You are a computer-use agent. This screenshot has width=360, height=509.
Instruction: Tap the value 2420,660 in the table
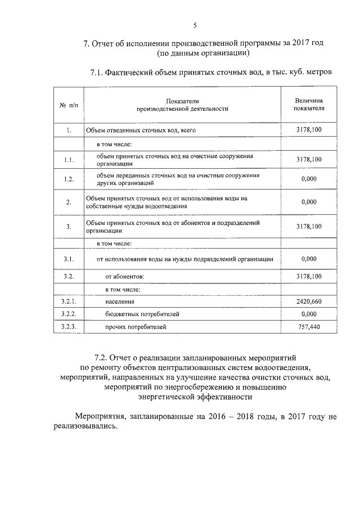point(309,301)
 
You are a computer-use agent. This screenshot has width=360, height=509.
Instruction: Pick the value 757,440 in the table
point(309,326)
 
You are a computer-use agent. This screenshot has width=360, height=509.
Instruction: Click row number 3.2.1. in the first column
point(68,301)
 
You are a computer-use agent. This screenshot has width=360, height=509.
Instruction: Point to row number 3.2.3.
point(68,326)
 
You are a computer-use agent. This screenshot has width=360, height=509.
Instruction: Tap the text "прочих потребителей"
point(136,326)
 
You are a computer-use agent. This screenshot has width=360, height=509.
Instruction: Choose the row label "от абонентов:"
point(124,277)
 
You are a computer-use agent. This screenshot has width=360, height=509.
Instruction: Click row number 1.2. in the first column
point(68,179)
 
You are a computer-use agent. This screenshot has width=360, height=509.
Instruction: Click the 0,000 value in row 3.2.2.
point(309,314)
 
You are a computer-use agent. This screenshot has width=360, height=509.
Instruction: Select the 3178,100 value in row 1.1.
point(309,160)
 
